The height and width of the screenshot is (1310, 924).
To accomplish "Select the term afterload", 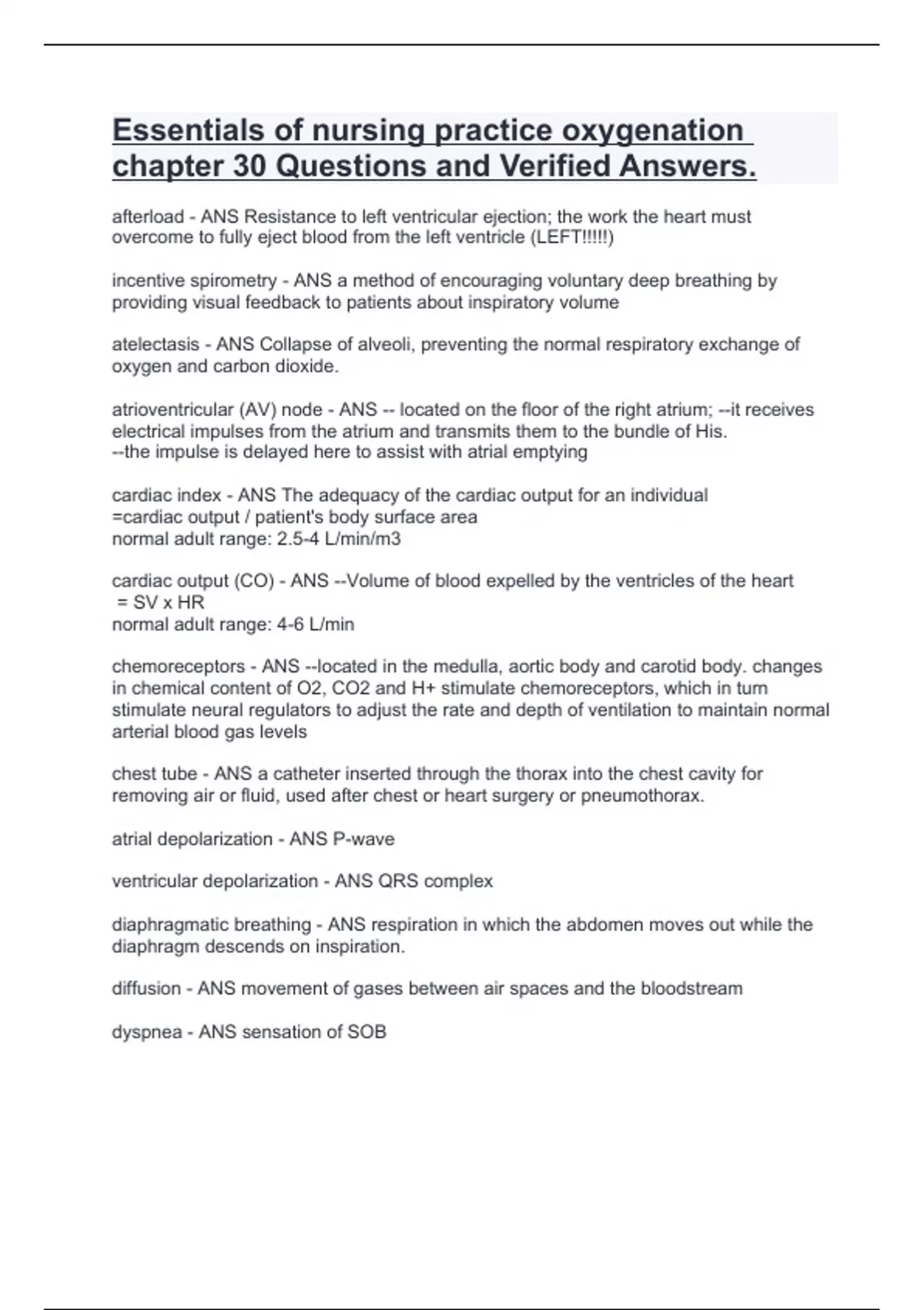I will click(x=148, y=217).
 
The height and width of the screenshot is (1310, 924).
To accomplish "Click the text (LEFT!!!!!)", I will click(x=572, y=238).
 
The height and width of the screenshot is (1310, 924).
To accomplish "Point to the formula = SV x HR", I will click(x=161, y=603).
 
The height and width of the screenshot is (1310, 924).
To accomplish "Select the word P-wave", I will click(x=363, y=839).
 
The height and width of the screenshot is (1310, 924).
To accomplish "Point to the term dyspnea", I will click(x=147, y=1033).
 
